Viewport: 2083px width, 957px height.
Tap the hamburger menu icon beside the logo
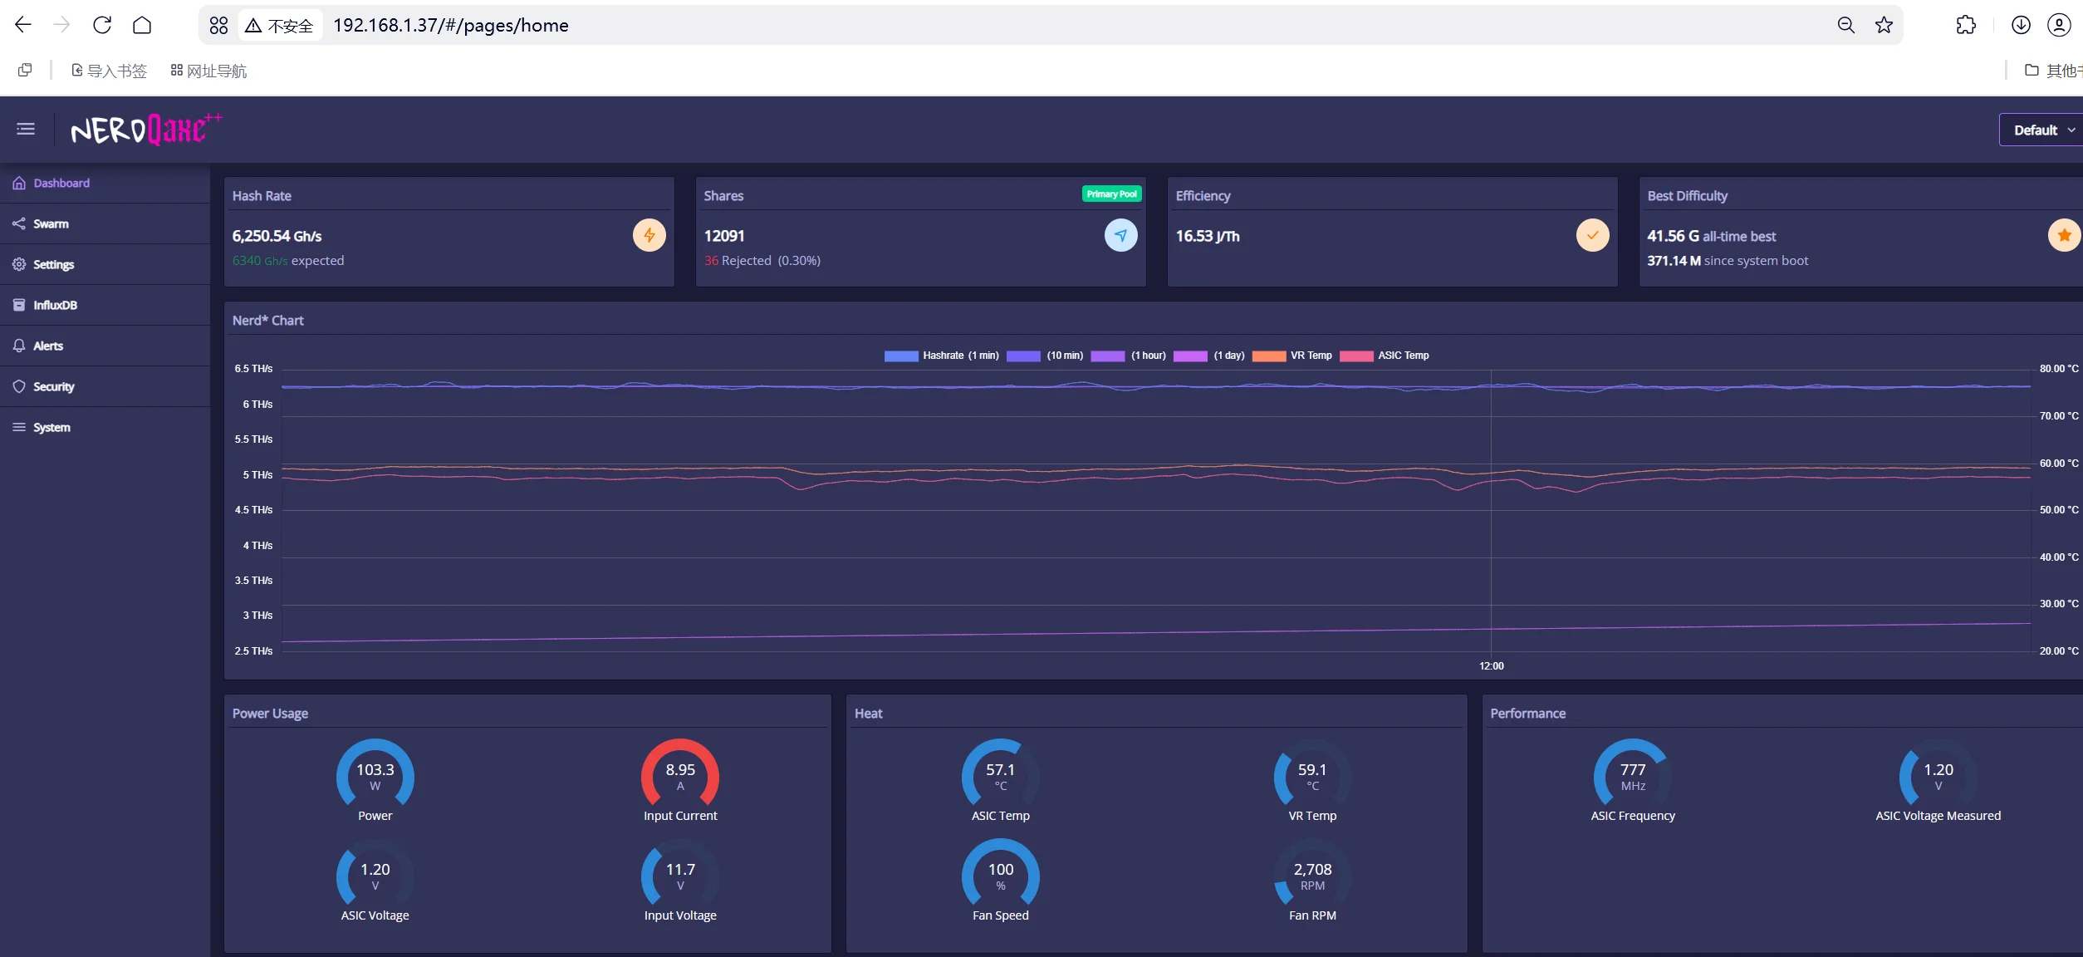pos(26,129)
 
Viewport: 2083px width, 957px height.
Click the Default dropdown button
pos(2041,130)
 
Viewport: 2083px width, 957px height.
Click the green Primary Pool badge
pos(1111,194)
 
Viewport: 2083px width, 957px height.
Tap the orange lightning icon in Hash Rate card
pos(649,235)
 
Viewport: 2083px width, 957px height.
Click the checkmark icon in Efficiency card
pos(1592,235)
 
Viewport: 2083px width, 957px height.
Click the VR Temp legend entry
pos(1291,356)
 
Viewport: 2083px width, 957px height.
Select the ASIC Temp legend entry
pos(1385,356)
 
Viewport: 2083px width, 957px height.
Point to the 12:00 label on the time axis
pos(1492,666)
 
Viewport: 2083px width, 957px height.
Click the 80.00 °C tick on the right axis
pos(2059,369)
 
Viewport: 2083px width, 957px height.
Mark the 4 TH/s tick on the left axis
pos(257,546)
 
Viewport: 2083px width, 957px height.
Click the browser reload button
pos(102,25)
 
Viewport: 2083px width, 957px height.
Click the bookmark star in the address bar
pos(1884,25)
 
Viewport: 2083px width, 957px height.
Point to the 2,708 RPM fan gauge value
pos(1312,876)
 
